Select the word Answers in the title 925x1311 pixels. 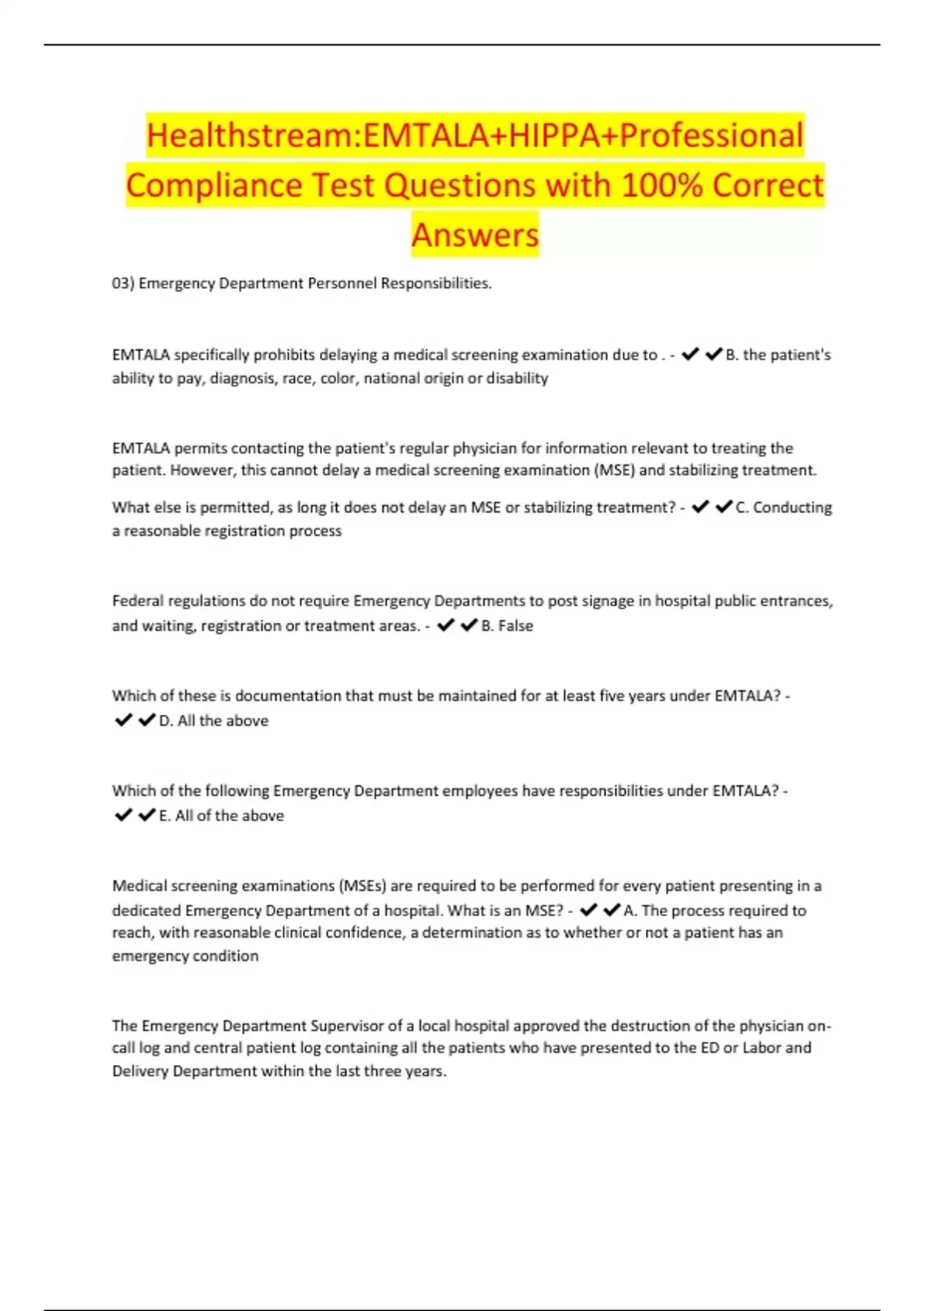click(x=475, y=234)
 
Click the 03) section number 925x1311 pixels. click(x=123, y=283)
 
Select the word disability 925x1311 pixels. click(x=517, y=378)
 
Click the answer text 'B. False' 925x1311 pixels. click(x=507, y=625)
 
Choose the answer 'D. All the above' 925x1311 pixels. click(x=214, y=720)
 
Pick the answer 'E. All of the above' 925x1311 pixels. click(x=221, y=815)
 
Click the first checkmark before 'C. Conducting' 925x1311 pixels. click(x=700, y=507)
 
